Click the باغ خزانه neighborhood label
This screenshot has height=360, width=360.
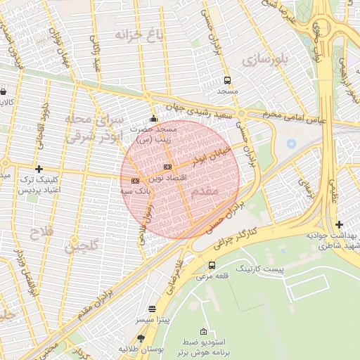tap(134, 34)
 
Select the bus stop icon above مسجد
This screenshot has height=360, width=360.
tap(227, 80)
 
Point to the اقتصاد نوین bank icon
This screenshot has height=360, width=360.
tap(167, 167)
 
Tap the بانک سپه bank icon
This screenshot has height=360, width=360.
tap(135, 181)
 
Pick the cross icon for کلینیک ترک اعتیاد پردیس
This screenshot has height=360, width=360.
tap(39, 169)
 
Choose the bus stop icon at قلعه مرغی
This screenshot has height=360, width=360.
tap(212, 265)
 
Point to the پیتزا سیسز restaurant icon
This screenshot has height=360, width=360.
tap(153, 309)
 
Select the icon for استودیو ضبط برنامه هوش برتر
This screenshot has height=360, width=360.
tap(204, 330)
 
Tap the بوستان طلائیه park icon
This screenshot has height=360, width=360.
tap(141, 338)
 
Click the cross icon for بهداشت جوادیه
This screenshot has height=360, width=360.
tap(340, 224)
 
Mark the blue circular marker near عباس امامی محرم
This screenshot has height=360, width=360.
tap(291, 144)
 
